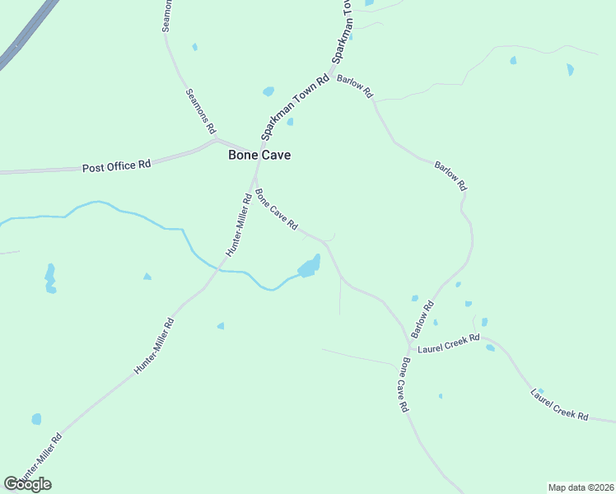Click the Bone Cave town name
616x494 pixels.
pos(259,155)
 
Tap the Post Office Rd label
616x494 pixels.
pos(116,165)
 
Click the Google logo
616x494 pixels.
pos(27,484)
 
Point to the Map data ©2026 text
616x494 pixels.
pos(581,487)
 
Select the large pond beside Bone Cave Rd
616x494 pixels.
pos(309,267)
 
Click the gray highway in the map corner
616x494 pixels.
pos(25,37)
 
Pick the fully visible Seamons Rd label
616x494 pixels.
pos(200,111)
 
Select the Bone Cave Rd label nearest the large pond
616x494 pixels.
pos(276,211)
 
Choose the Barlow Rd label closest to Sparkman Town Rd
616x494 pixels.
pos(355,86)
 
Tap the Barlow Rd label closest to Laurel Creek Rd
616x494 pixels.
pos(422,319)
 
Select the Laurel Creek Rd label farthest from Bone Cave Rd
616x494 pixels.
pos(560,405)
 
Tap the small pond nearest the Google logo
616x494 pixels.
pos(36,419)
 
